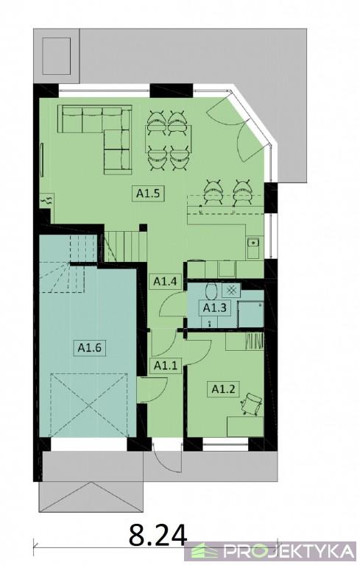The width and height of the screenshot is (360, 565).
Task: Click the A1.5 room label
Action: (x=148, y=193)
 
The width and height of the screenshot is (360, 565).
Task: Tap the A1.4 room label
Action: (x=165, y=281)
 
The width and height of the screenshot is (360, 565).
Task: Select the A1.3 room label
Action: (x=215, y=308)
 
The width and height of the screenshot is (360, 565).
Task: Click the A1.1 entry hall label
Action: (x=166, y=366)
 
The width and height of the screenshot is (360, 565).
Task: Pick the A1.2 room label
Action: (x=223, y=388)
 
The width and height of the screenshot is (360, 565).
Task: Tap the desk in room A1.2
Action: (x=245, y=427)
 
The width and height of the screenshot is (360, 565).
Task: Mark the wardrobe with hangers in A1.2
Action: (x=244, y=341)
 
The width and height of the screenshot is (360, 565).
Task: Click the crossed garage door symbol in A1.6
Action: (x=90, y=405)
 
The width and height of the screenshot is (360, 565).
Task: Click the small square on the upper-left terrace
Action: (x=56, y=55)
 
